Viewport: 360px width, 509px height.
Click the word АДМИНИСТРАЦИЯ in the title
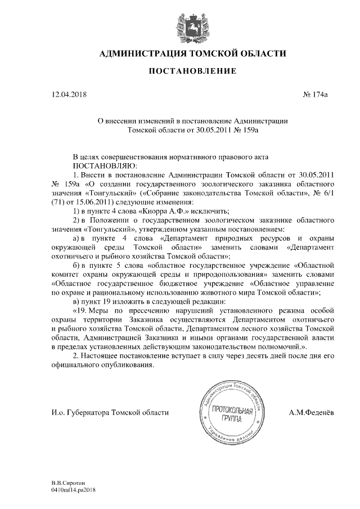tap(142, 54)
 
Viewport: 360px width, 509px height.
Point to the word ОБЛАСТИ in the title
tap(259, 54)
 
